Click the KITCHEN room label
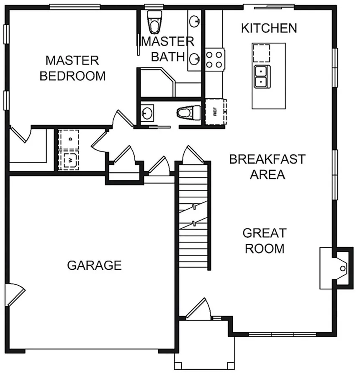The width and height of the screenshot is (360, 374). (x=269, y=28)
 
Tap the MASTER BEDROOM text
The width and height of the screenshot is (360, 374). (x=72, y=68)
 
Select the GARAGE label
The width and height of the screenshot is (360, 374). (x=95, y=265)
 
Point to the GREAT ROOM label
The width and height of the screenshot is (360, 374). (x=265, y=241)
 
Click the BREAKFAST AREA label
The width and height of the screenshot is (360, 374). (x=267, y=167)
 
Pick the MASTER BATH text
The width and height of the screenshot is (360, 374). (x=168, y=49)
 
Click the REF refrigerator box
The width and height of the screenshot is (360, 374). (x=215, y=112)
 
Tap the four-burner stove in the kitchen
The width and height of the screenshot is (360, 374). (x=214, y=59)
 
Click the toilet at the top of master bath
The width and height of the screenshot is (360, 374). (x=154, y=22)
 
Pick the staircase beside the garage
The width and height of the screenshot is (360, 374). (x=193, y=215)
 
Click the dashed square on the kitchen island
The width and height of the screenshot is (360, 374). (x=261, y=53)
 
